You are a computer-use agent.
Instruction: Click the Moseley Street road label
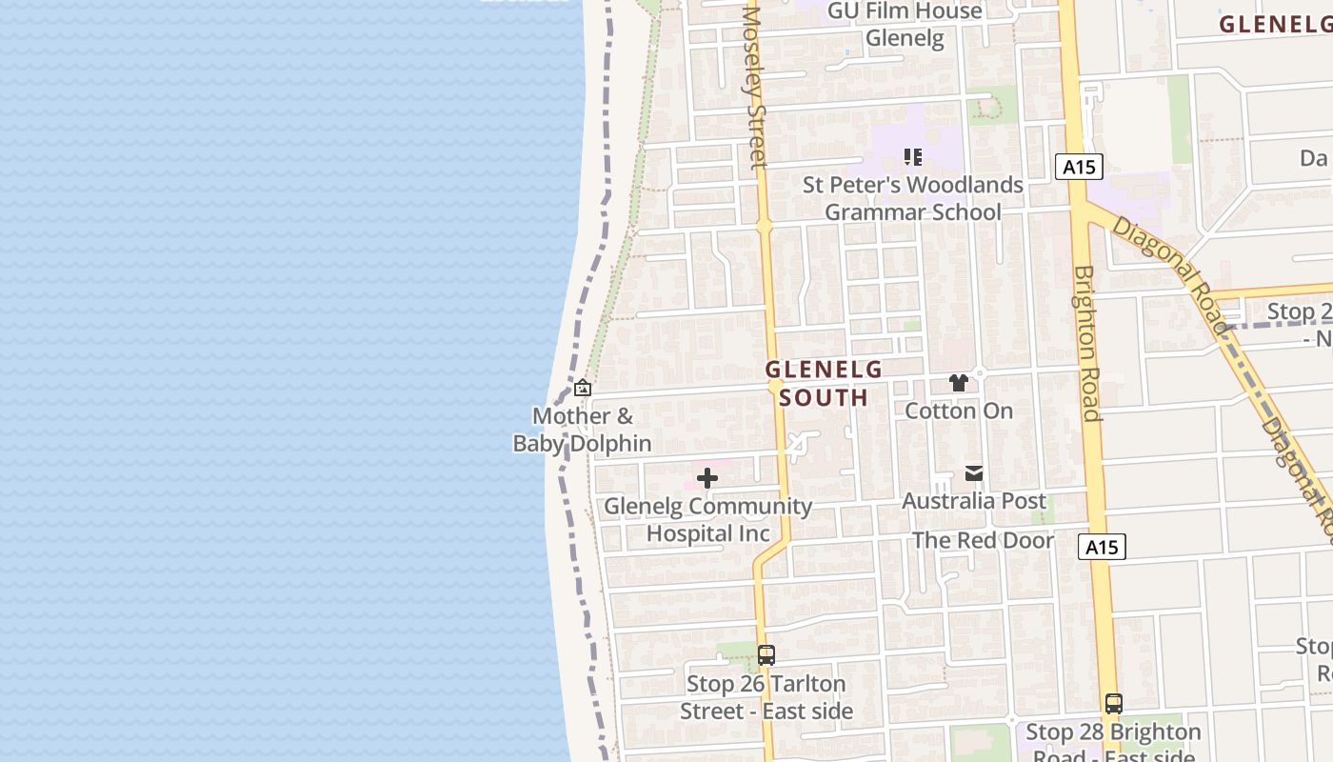(x=755, y=88)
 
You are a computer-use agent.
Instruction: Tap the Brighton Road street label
(x=1087, y=343)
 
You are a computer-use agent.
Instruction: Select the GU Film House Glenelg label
(x=905, y=25)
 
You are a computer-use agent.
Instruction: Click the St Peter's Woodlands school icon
(x=913, y=157)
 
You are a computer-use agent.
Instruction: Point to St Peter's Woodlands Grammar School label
(x=913, y=198)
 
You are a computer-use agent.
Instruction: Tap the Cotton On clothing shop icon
(x=959, y=383)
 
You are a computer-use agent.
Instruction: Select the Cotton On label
(x=959, y=411)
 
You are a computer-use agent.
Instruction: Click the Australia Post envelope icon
(x=973, y=473)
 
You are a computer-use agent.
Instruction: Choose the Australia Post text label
(x=973, y=501)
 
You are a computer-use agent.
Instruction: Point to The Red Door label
(x=983, y=541)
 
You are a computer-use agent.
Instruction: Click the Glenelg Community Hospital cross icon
(x=707, y=478)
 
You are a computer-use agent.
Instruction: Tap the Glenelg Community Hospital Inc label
(x=708, y=520)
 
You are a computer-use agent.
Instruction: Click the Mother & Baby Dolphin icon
(x=583, y=388)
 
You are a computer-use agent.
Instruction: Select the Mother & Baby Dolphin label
(x=583, y=430)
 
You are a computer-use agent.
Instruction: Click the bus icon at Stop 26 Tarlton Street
(x=766, y=655)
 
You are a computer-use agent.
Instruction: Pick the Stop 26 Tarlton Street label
(x=766, y=697)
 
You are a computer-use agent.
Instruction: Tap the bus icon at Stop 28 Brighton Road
(x=1114, y=704)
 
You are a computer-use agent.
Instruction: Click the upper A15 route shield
(x=1079, y=168)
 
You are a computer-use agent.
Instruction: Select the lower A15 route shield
(x=1103, y=547)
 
